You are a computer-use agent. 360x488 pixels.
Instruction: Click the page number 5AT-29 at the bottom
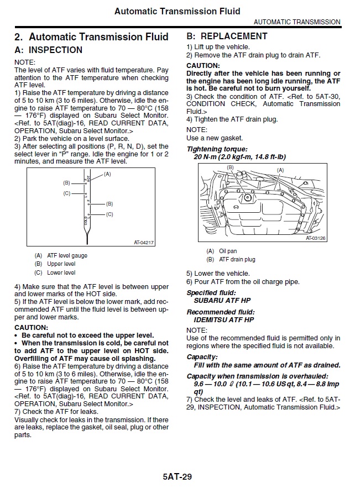pyautogui.click(x=177, y=476)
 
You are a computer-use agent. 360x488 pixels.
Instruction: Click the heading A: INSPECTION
pyautogui.click(x=48, y=50)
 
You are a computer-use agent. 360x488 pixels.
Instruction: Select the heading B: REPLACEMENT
pyautogui.click(x=227, y=36)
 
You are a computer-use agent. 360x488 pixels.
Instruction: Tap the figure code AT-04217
pyautogui.click(x=144, y=243)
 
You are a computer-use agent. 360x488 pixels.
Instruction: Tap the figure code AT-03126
pyautogui.click(x=315, y=238)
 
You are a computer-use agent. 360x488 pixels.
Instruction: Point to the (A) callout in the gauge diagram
pyautogui.click(x=107, y=174)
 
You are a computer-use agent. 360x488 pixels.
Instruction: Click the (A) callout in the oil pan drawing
pyautogui.click(x=280, y=170)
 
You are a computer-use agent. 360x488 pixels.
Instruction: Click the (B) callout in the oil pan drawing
pyautogui.click(x=230, y=167)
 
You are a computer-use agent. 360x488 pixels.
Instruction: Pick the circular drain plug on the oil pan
pyautogui.click(x=247, y=197)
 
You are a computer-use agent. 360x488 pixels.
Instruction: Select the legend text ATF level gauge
pyautogui.click(x=67, y=255)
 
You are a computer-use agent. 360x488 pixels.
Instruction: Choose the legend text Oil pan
pyautogui.click(x=228, y=251)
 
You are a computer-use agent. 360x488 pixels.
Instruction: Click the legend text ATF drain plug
pyautogui.click(x=237, y=259)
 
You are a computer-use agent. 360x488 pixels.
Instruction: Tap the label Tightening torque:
pyautogui.click(x=217, y=149)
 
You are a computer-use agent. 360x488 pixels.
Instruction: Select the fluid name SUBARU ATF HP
pyautogui.click(x=222, y=300)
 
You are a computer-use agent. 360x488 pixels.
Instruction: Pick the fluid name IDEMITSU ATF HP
pyautogui.click(x=224, y=319)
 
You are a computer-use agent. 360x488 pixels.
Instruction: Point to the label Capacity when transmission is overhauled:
pyautogui.click(x=257, y=376)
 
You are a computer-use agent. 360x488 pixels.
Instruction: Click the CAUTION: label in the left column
pyautogui.click(x=31, y=327)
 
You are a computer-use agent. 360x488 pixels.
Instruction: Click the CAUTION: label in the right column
pyautogui.click(x=203, y=66)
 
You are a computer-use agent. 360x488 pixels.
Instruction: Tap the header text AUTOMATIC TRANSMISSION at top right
pyautogui.click(x=297, y=22)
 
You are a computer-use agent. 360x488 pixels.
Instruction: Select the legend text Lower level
pyautogui.click(x=61, y=272)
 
